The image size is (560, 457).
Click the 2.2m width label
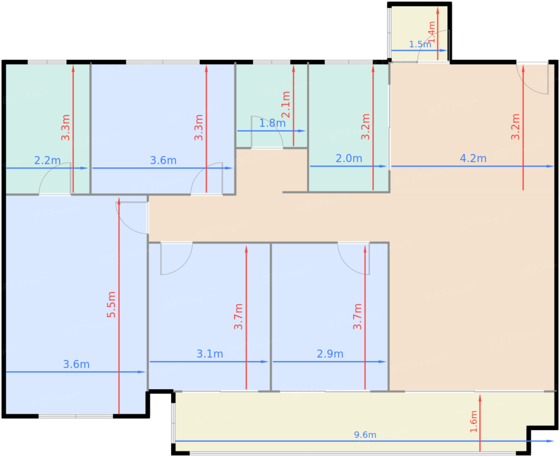pos(47,160)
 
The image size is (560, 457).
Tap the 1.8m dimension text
pos(272,123)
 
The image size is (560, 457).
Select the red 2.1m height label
pos(286,104)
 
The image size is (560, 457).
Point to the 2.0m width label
pos(349,158)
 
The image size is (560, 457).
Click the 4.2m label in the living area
pos(473,158)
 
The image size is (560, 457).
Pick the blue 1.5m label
pos(420,44)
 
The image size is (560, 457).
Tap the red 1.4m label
pos(432,32)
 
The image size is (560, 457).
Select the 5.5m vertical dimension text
pos(111,305)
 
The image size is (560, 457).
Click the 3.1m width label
pos(210,354)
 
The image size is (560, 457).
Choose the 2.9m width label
pos(330,354)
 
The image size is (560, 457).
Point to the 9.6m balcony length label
pos(365,435)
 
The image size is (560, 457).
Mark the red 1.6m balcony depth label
pos(474,421)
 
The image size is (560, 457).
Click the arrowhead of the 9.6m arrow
pos(550,441)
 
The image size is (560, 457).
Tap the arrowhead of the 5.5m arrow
pos(119,201)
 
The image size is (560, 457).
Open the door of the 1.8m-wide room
pos(267,132)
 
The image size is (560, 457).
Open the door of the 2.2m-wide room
pos(55,178)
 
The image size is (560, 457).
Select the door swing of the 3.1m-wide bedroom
pos(176,258)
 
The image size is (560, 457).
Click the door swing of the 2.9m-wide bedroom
pos(354,258)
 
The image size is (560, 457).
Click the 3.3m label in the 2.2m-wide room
pos(65,128)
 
